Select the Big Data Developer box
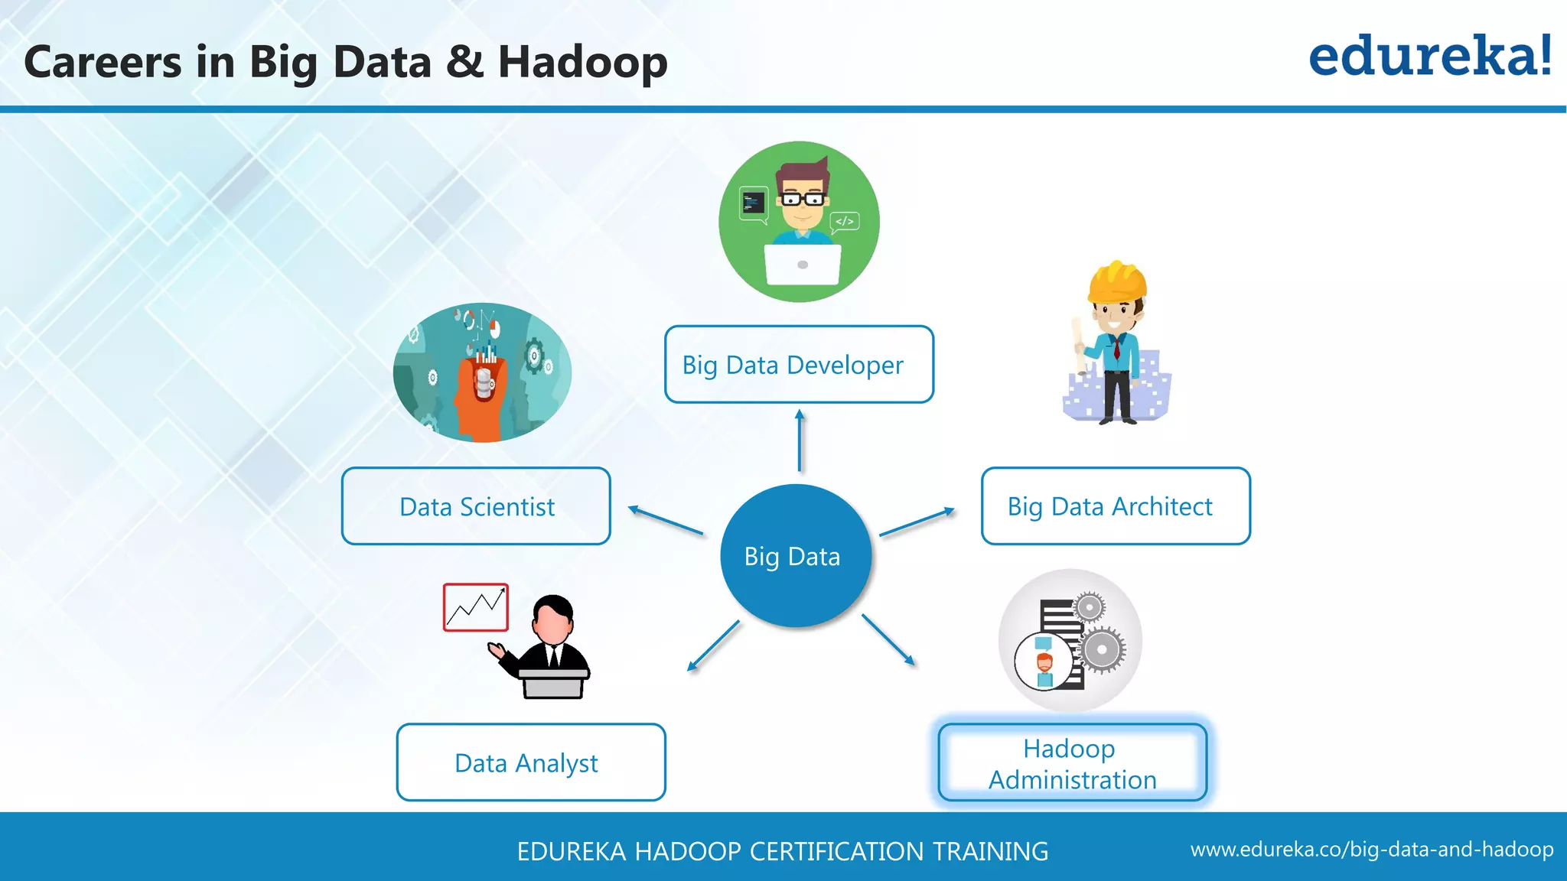(799, 365)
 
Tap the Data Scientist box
(476, 506)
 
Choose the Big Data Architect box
(1116, 506)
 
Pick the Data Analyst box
(531, 762)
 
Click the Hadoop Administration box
(1072, 762)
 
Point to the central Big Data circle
(795, 556)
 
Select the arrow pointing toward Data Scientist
(665, 520)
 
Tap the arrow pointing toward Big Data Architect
(917, 522)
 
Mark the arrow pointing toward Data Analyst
(713, 646)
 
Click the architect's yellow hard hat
(1117, 281)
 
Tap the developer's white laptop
(803, 264)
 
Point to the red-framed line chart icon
(475, 607)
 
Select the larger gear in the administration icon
(1101, 650)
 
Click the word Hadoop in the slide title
(582, 62)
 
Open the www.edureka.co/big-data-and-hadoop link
(1371, 850)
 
